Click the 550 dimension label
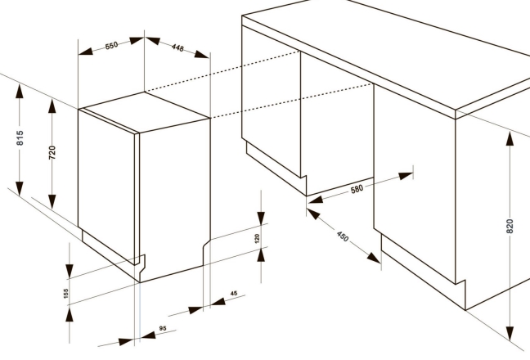pos(111,45)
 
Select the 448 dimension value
pos(177,47)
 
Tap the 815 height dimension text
pos(20,138)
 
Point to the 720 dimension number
pos(52,152)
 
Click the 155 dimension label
pos(66,293)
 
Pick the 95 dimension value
pos(163,328)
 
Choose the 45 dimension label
pos(234,293)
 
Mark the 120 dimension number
pos(257,239)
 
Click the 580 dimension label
pos(357,189)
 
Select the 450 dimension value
pos(343,236)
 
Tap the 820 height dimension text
pos(510,226)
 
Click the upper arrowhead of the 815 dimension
pos(20,92)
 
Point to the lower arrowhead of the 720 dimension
pos(52,202)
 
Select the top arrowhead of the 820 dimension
pos(510,138)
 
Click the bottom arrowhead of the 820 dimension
pos(510,334)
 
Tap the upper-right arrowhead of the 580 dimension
pos(406,176)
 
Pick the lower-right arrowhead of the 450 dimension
pos(374,258)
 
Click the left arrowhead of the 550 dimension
pos(86,52)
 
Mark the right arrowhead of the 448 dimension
pos(202,54)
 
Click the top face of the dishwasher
pos(145,111)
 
